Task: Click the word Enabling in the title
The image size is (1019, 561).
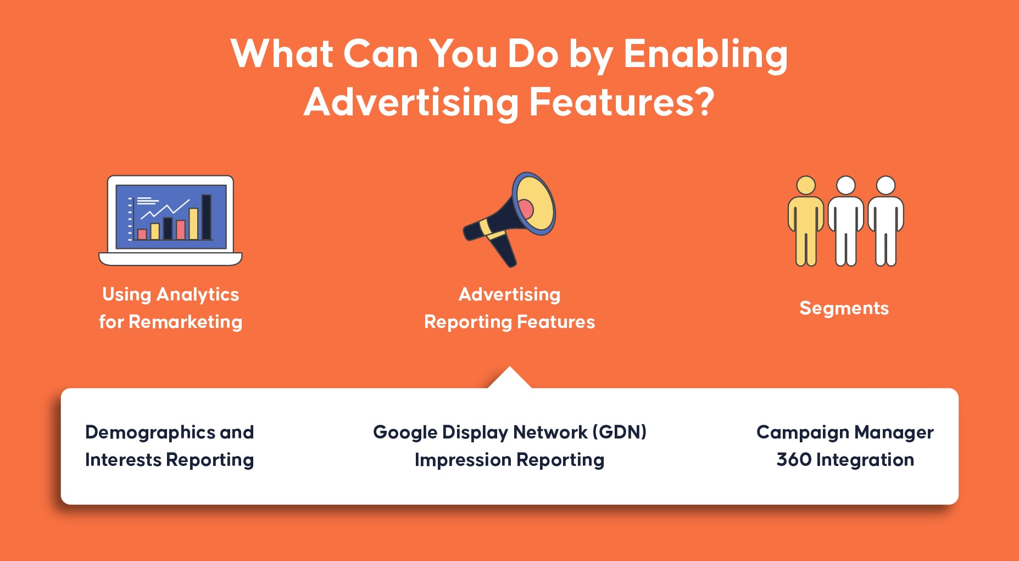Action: [705, 54]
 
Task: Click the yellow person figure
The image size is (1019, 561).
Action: [805, 221]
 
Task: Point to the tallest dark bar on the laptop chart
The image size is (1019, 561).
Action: [207, 217]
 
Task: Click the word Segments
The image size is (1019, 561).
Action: [844, 308]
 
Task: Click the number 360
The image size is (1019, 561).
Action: [794, 459]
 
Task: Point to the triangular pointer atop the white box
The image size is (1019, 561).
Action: [510, 377]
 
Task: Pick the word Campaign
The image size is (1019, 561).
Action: [803, 433]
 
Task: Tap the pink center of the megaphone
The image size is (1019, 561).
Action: [525, 209]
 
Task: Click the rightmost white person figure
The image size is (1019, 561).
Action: [886, 221]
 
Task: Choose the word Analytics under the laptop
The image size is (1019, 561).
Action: [198, 295]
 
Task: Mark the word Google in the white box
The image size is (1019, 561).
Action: [405, 432]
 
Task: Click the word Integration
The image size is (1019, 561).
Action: [865, 460]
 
